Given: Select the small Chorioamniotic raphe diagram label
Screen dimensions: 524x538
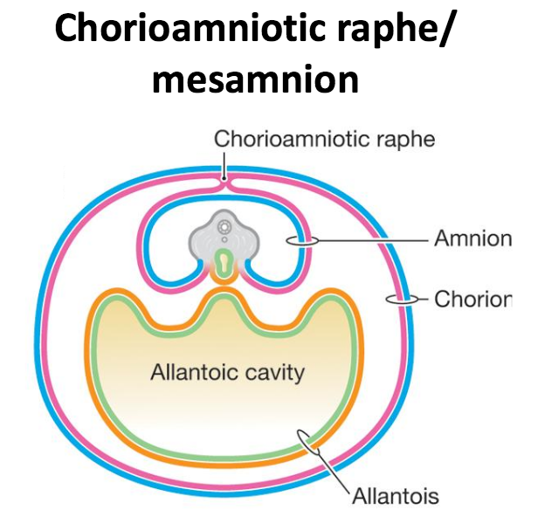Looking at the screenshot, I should pos(323,139).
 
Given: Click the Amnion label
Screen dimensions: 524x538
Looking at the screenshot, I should pos(472,238).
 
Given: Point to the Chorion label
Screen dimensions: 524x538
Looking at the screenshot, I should pos(472,300).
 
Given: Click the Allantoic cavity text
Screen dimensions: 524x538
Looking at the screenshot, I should pos(227,373).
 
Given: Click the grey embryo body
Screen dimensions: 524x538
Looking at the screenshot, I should pos(225,238).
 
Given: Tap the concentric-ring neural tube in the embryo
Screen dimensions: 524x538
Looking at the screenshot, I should pos(226,226).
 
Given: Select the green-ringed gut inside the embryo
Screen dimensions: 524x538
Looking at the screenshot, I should pos(226,263).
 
